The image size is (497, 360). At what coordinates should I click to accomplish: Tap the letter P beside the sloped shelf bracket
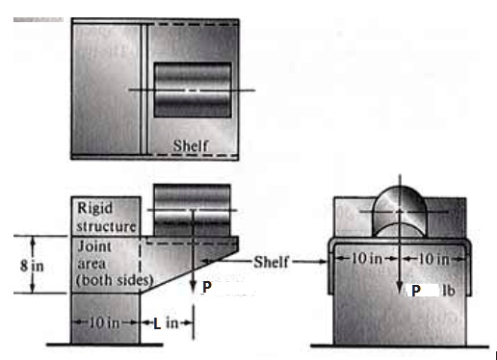[207, 287]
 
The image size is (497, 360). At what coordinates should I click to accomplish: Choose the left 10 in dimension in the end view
[368, 258]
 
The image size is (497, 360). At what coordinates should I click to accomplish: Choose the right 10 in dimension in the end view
[431, 258]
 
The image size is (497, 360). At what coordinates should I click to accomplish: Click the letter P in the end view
[416, 290]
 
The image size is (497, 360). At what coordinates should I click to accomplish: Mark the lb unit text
[449, 290]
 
